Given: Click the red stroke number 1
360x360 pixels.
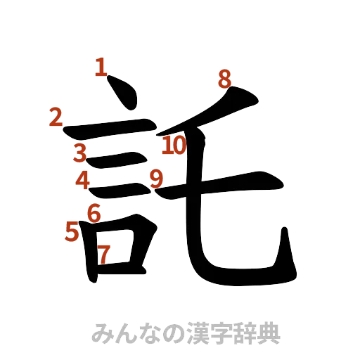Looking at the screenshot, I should point(101,68).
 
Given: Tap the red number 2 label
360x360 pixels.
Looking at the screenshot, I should point(55,118).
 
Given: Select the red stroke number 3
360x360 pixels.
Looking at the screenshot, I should point(80,152).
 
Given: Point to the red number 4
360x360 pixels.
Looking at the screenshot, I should point(83,181).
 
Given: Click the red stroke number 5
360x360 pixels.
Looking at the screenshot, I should point(71,230).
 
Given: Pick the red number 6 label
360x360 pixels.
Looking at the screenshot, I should point(94,211).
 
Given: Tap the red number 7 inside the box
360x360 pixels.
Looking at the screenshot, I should point(103,255).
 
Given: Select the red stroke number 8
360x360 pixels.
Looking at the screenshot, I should point(224,79).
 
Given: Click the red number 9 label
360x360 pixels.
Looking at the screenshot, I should point(156,178).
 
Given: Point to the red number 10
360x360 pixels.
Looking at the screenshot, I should point(173,146).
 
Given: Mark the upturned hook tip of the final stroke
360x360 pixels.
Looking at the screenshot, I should point(285,239).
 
